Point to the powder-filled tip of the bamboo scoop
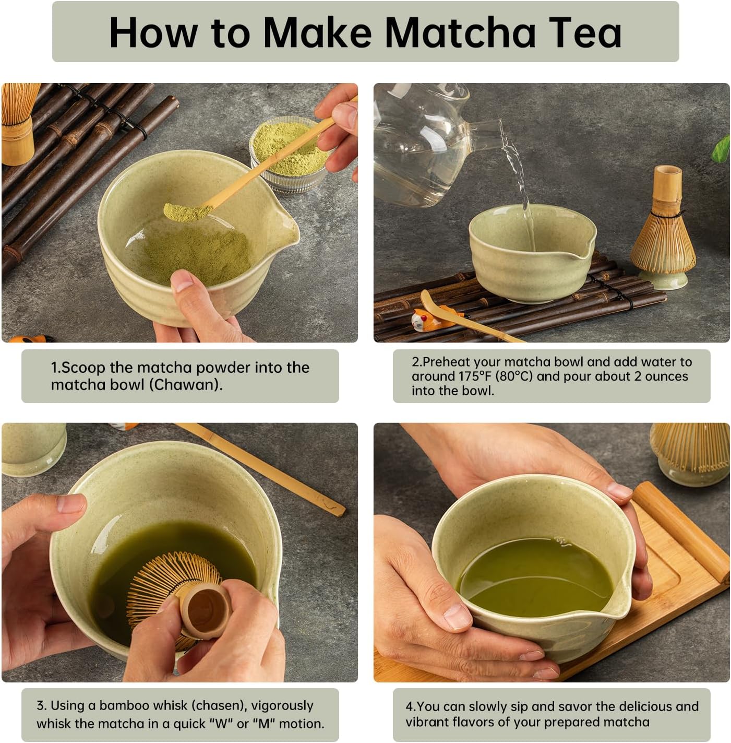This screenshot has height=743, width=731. click(180, 211)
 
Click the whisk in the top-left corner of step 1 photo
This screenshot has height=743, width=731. click(19, 120)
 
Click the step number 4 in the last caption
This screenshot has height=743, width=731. click(409, 706)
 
